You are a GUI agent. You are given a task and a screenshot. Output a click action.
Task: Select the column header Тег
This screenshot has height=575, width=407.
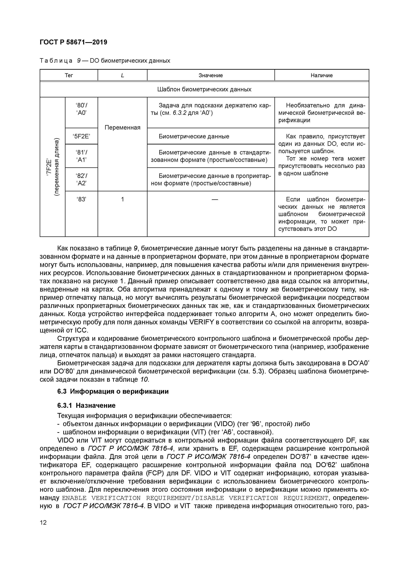tap(69, 75)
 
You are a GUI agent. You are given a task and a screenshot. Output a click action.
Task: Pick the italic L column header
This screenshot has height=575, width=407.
tap(122, 75)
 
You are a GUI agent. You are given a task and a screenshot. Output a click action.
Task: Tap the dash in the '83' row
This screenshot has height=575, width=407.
tap(215, 199)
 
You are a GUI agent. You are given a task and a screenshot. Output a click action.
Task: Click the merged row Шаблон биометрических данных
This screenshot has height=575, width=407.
tap(204, 89)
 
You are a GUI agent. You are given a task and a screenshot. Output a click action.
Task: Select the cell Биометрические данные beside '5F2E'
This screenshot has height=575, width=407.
tap(194, 136)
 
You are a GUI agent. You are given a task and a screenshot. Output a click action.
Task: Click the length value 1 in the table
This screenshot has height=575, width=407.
tap(122, 199)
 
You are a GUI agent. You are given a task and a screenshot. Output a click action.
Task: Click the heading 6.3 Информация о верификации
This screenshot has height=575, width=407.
tap(113, 391)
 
